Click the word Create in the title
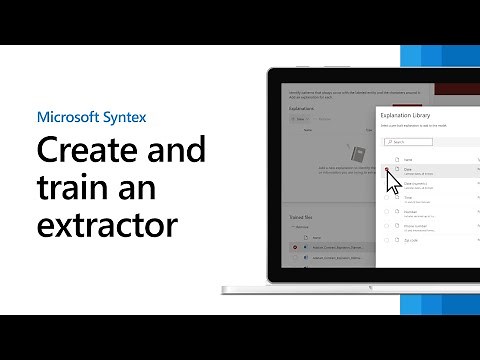84,152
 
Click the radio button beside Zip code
387,240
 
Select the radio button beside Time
387,198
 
